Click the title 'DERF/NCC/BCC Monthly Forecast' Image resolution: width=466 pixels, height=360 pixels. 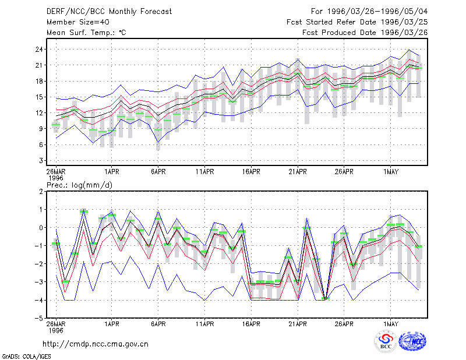tap(109, 12)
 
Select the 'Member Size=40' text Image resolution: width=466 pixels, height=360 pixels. tap(78, 22)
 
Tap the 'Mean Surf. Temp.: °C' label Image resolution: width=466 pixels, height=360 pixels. tap(86, 33)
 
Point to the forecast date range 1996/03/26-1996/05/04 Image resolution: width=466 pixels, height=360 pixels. tap(377, 12)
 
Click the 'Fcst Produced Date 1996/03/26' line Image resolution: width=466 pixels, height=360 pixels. tap(365, 33)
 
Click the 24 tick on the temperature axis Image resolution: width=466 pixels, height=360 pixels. tap(39, 50)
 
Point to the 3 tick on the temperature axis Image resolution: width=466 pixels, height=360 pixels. tap(41, 161)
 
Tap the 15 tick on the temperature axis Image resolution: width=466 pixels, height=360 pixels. tap(39, 97)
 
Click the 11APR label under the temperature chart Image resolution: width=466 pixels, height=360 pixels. tap(205, 172)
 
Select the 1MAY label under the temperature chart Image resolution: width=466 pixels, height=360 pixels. tap(390, 172)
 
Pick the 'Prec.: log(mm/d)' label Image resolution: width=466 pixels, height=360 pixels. tap(79, 185)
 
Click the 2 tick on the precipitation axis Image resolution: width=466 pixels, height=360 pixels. tap(41, 192)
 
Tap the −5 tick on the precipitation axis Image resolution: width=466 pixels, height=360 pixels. tap(39, 319)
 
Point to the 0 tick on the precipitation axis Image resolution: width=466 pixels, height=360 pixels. tap(41, 228)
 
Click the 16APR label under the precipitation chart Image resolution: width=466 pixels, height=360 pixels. tap(251, 324)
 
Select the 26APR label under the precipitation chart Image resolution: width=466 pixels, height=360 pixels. tap(344, 324)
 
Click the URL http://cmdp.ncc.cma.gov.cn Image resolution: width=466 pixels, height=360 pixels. tap(96, 344)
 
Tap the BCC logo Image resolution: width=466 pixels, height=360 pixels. tap(386, 342)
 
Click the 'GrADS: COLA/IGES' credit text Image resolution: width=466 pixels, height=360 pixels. tap(26, 357)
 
